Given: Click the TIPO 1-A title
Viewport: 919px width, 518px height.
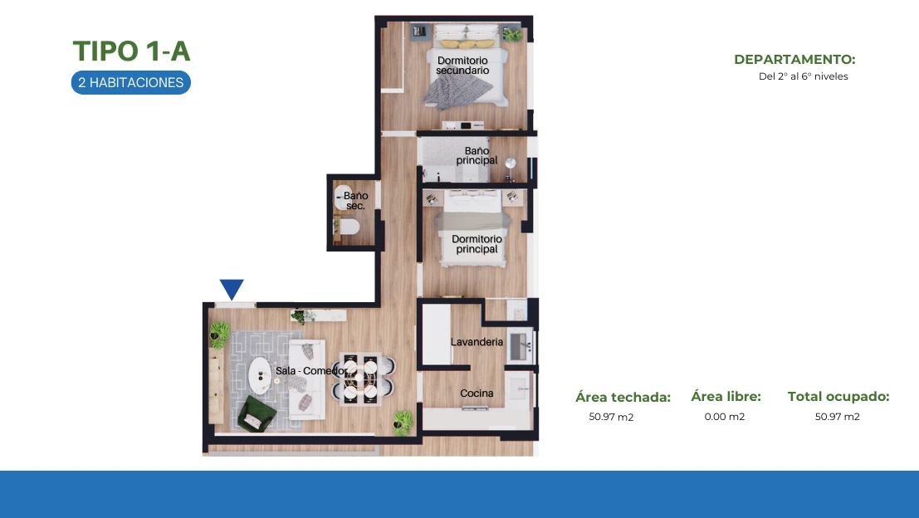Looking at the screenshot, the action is [131, 51].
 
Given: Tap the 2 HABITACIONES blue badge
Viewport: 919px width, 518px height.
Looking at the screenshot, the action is [131, 83].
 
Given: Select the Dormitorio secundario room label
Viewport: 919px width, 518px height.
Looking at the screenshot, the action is [462, 65].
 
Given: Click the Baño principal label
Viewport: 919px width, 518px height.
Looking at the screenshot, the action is [477, 155].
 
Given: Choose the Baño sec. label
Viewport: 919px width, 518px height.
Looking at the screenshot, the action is [356, 200].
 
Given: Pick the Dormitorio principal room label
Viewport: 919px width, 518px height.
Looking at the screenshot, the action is [477, 244].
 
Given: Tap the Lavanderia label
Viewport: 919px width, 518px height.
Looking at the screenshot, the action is [477, 342].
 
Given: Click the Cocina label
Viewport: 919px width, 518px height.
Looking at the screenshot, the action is [477, 393].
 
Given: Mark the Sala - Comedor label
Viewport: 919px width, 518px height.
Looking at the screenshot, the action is [310, 371].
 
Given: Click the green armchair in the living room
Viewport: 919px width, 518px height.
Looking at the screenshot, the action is [257, 413].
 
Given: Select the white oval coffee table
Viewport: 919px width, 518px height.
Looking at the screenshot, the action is [260, 374].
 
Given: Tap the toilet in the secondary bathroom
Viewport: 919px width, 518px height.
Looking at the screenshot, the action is [349, 226].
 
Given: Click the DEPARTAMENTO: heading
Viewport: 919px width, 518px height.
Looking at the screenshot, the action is [794, 59].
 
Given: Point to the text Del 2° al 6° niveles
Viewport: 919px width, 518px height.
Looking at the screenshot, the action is [804, 76].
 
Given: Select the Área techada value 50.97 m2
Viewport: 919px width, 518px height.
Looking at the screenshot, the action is [611, 417].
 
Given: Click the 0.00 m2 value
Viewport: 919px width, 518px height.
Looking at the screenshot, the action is [725, 417].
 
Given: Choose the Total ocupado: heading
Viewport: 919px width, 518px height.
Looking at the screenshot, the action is [838, 397].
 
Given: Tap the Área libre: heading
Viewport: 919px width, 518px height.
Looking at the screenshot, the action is [726, 397].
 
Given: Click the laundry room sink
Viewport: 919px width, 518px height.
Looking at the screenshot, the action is [520, 346].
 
